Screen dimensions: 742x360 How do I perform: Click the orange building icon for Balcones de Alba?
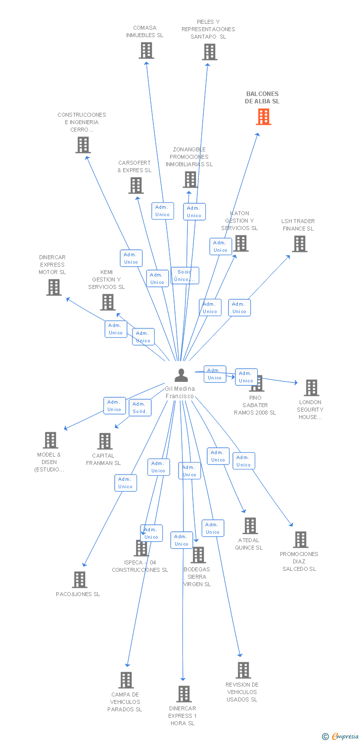(x=264, y=117)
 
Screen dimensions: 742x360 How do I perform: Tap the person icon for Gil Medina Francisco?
(x=181, y=375)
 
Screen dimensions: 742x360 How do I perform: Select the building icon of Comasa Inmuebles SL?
(x=146, y=50)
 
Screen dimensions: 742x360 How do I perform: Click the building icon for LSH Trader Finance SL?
(x=299, y=244)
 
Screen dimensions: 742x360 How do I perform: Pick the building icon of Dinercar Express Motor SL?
(x=54, y=287)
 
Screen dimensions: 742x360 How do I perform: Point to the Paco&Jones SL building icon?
(x=80, y=579)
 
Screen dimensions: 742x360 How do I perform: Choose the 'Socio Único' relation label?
(x=185, y=276)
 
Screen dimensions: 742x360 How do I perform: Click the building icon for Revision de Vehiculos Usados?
(x=243, y=670)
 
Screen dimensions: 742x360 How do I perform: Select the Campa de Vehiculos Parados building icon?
(x=126, y=680)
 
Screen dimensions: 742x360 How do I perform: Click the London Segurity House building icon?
(x=311, y=388)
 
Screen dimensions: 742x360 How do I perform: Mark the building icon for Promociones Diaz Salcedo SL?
(x=300, y=540)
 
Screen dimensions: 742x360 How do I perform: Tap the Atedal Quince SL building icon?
(x=250, y=526)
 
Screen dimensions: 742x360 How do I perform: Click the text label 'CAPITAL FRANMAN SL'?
(x=103, y=460)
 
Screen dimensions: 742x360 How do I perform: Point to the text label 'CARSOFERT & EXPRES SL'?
(x=135, y=167)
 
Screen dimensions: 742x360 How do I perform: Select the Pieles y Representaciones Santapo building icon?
(x=210, y=52)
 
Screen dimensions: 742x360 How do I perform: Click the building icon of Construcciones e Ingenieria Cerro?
(x=83, y=145)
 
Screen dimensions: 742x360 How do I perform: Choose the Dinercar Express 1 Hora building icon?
(x=184, y=694)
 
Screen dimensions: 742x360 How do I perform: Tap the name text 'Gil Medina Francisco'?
(x=180, y=392)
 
